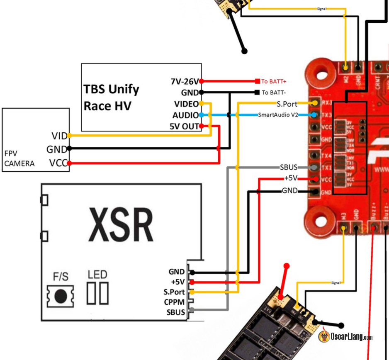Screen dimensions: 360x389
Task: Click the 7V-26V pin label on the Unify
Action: (185, 81)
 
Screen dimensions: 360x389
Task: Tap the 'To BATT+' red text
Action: (274, 81)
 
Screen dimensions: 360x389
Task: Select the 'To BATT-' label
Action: (274, 92)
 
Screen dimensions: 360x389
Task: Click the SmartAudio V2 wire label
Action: (278, 115)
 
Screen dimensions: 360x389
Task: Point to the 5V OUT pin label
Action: (184, 126)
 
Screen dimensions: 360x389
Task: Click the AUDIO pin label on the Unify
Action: (185, 115)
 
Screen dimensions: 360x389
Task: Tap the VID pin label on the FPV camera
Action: (59, 136)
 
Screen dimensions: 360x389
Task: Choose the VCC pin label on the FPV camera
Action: (58, 163)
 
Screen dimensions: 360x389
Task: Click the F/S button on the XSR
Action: (61, 295)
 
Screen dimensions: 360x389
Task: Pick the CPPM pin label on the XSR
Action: (174, 302)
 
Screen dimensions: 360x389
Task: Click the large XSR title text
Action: (120, 225)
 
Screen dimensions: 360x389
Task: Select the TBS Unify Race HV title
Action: (111, 97)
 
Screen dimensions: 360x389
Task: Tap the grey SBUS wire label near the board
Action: (289, 167)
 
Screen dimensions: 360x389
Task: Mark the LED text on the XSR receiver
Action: (97, 274)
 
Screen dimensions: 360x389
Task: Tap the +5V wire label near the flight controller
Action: (291, 178)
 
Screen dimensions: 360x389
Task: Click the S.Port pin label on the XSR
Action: (174, 292)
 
